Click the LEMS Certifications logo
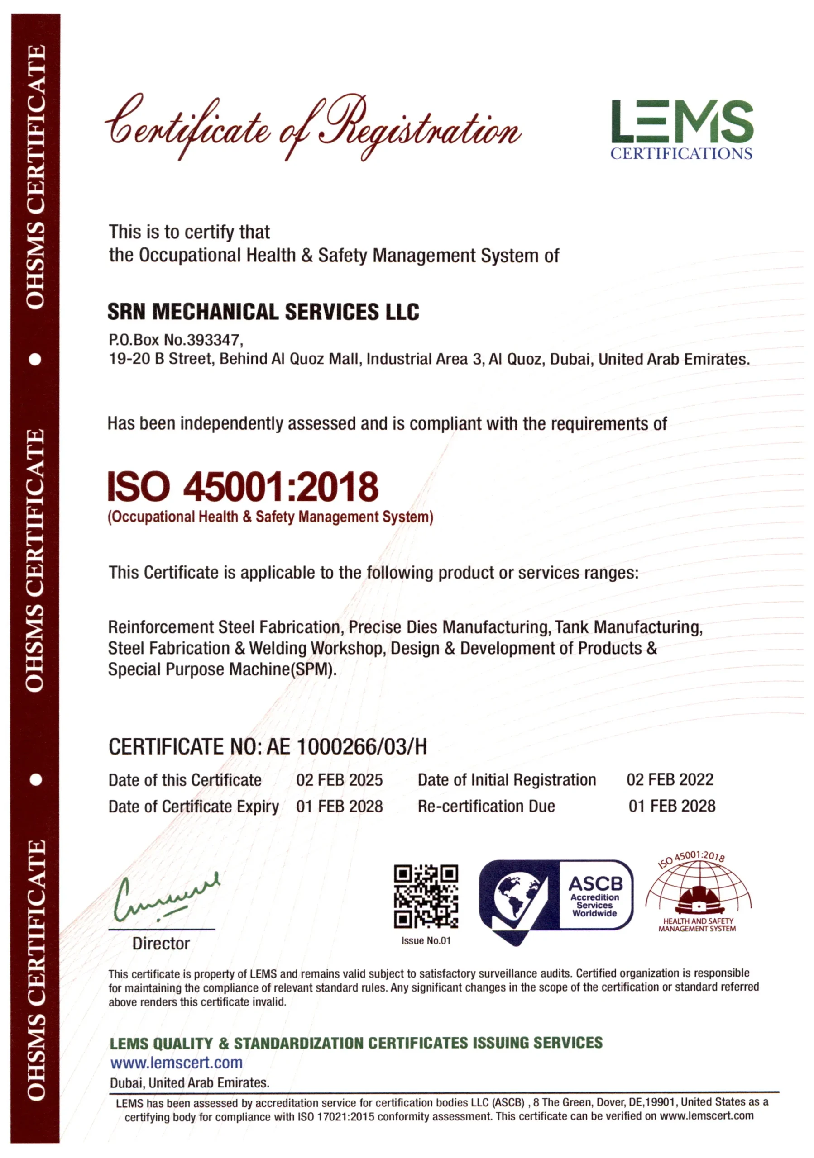(681, 129)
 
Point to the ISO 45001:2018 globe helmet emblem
(698, 893)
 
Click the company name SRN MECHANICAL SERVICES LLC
(263, 312)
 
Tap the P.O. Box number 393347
(214, 340)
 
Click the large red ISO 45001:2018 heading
(243, 487)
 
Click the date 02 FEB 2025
(339, 780)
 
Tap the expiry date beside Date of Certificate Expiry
(339, 806)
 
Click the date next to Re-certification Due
(672, 806)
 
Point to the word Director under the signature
(161, 944)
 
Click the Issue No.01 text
(426, 940)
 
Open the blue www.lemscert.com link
(177, 1063)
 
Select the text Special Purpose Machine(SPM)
(222, 669)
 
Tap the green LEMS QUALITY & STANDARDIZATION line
(356, 1043)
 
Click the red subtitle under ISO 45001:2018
(270, 517)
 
